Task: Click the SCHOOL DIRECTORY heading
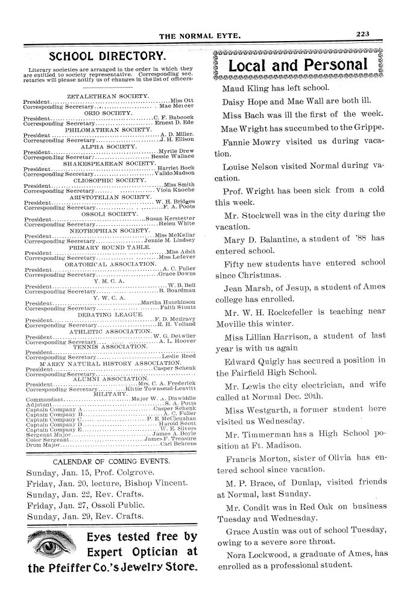click(x=107, y=57)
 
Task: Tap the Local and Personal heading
click(x=298, y=65)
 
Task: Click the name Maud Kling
click(x=244, y=88)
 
